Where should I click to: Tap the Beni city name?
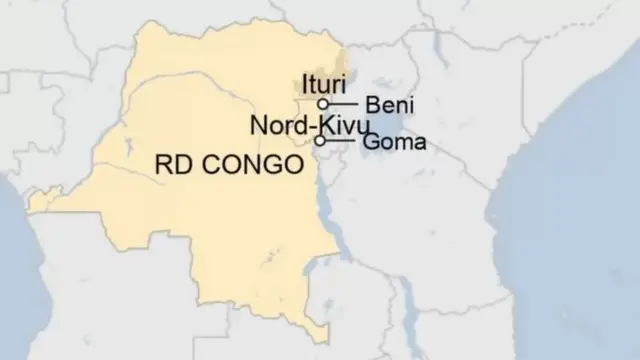(x=390, y=104)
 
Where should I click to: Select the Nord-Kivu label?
(x=309, y=126)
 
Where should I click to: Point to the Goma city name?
(x=394, y=142)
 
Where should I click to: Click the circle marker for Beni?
(x=323, y=103)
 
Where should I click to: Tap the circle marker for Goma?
(x=320, y=141)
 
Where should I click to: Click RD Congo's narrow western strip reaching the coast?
(x=40, y=203)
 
